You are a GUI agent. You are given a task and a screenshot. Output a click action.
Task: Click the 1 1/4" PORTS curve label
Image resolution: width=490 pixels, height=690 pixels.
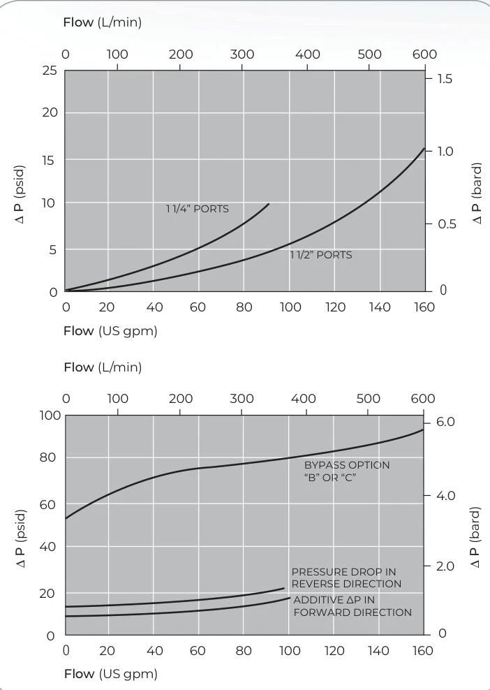[197, 209]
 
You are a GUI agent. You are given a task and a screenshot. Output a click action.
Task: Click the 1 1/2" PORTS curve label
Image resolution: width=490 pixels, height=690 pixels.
[320, 255]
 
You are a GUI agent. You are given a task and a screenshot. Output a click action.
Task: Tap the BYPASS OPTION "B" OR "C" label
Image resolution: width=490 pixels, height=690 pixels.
[347, 471]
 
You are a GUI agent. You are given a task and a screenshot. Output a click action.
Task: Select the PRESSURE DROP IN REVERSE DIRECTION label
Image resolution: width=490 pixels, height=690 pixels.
[346, 578]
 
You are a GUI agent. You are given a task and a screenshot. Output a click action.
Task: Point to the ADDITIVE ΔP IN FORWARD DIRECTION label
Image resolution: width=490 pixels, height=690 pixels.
[352, 606]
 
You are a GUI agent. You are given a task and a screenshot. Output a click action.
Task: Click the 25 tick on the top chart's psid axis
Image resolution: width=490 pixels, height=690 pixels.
[50, 71]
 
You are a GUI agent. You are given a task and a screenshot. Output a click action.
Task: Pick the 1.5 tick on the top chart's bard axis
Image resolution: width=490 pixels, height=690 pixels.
[445, 78]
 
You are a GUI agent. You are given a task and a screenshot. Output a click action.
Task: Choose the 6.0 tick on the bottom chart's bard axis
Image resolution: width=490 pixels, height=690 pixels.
[445, 422]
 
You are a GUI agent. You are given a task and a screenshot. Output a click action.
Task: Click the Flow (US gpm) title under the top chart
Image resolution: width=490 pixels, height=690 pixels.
[110, 330]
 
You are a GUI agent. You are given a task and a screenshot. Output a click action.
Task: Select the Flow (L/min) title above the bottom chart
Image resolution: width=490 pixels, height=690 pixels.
[103, 367]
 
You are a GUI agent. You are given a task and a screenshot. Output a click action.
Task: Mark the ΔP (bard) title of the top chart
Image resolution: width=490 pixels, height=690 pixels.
[477, 193]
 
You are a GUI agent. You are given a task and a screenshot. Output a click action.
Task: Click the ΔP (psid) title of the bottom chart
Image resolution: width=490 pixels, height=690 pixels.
[22, 538]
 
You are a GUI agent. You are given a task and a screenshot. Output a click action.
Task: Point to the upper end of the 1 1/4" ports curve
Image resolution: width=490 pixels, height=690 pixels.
[268, 204]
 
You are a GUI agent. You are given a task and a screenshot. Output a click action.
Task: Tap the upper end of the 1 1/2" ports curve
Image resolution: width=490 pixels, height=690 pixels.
[424, 148]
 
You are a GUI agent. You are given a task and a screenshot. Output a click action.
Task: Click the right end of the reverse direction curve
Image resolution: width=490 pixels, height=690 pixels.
[283, 588]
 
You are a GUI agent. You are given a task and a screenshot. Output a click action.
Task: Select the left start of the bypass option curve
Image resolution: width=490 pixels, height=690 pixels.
[66, 518]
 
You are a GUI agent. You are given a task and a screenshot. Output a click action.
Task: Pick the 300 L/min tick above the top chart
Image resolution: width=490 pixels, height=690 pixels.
[242, 54]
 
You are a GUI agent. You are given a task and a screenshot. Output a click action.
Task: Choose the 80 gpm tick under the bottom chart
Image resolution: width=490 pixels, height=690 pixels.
[243, 650]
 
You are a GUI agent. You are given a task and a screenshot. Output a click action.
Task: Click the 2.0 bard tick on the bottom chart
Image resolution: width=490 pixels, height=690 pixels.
[444, 566]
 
